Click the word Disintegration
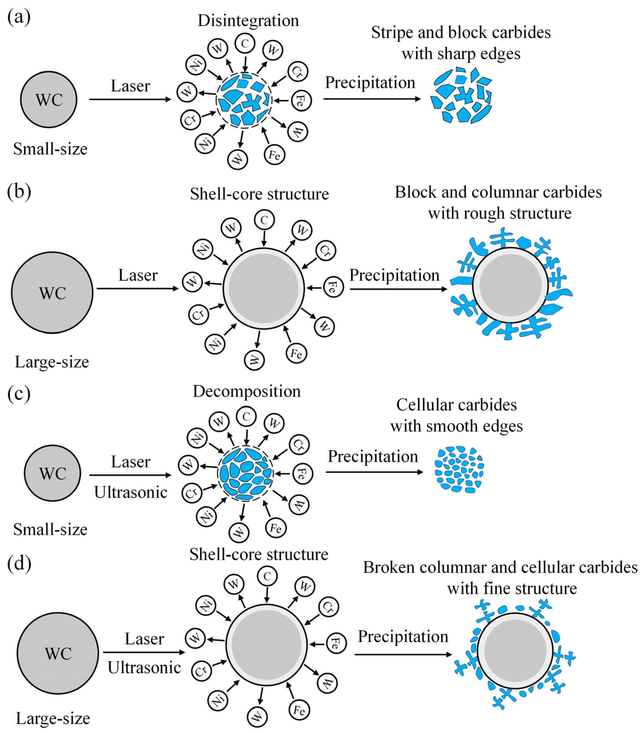click(248, 20)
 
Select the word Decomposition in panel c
click(246, 391)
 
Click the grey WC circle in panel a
click(49, 99)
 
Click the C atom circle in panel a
click(245, 43)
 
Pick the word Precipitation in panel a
click(370, 82)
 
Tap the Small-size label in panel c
click(50, 529)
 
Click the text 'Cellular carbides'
click(456, 405)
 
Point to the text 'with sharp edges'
click(461, 54)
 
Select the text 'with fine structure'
click(512, 588)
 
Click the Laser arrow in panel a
click(130, 99)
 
